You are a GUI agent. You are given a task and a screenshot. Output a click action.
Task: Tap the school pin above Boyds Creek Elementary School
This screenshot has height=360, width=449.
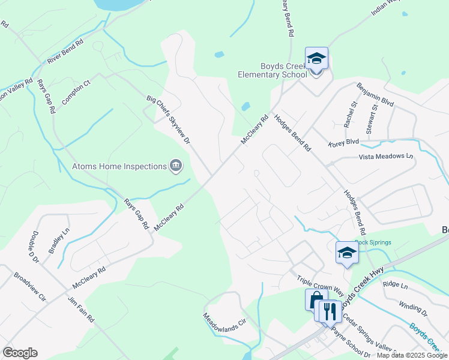point(316,59)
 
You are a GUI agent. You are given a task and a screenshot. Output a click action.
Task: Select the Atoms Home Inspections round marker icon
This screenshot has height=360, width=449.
point(176,166)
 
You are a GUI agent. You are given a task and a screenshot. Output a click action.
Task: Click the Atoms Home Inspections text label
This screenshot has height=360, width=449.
point(119,166)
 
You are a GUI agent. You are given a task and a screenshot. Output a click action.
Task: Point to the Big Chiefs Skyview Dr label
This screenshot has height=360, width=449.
point(168,119)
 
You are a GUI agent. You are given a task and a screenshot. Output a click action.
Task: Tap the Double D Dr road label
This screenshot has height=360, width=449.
point(34,247)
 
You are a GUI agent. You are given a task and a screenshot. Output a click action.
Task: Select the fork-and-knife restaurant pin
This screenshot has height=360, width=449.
point(329,311)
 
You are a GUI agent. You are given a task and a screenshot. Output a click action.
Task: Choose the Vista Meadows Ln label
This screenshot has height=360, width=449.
point(386,157)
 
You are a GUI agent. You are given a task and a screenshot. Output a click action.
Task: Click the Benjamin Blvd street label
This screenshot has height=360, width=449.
point(375,95)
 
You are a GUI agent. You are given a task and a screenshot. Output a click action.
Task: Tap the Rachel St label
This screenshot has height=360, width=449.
point(350,114)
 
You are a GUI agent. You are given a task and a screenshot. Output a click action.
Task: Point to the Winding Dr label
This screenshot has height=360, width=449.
point(412,310)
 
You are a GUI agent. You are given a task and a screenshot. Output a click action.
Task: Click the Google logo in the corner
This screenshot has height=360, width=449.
point(20,353)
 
